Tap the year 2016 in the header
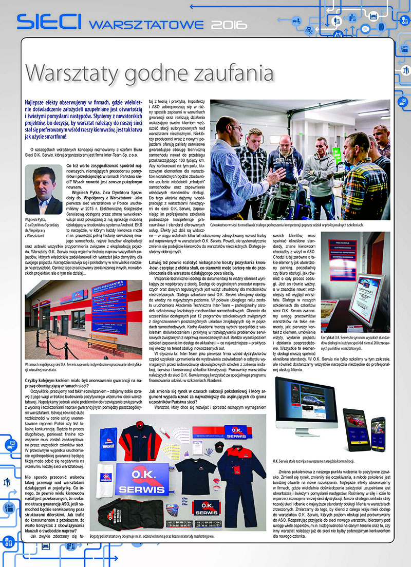(x=229, y=24)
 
